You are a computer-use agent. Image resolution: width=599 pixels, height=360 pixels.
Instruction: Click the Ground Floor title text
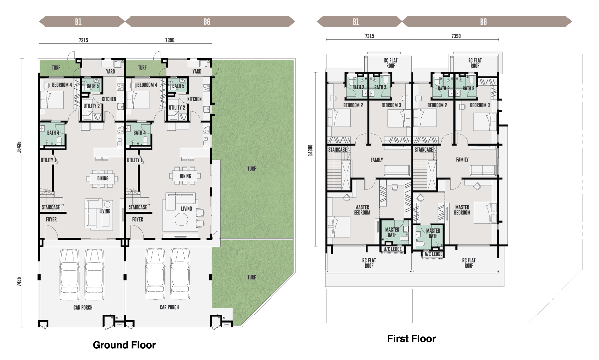coord(124,345)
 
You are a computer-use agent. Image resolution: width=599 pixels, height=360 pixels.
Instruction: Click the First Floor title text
coord(411,339)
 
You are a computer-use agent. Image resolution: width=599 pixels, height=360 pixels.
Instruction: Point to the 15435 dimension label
coord(19,147)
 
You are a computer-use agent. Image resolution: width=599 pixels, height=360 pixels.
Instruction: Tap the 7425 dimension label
coord(19,281)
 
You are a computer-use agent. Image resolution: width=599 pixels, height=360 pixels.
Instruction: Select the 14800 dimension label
coord(310,150)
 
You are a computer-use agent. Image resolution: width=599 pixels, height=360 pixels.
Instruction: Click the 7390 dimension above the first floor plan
coord(456,36)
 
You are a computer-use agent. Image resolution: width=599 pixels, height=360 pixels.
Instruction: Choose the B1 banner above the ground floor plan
coord(79,22)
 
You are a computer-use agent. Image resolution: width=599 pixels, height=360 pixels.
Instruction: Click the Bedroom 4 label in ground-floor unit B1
coord(62,85)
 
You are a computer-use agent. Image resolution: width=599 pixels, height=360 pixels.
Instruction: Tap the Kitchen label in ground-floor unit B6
coord(194,99)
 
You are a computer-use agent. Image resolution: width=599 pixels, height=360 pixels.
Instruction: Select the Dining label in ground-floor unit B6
coord(185,176)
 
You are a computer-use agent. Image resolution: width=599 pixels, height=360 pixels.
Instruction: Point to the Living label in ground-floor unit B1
coord(105,211)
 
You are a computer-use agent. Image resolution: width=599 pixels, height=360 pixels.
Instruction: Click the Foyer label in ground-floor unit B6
coord(137,219)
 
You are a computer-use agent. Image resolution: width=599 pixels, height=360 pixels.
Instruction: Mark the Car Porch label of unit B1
coord(83,308)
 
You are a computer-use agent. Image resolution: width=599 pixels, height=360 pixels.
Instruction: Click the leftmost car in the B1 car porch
coord(70,275)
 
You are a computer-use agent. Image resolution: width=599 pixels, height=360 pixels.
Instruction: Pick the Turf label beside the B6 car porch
coord(252,277)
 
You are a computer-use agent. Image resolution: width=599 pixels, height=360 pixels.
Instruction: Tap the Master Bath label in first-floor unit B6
coord(433,233)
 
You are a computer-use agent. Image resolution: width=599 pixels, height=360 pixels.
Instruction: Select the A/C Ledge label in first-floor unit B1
coord(393,249)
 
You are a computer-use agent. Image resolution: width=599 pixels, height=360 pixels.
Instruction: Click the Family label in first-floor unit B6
coord(462,160)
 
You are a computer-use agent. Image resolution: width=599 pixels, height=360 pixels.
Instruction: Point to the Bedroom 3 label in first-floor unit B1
coord(391,105)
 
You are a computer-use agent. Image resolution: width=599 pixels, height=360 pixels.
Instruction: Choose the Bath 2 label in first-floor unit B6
coord(444,89)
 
